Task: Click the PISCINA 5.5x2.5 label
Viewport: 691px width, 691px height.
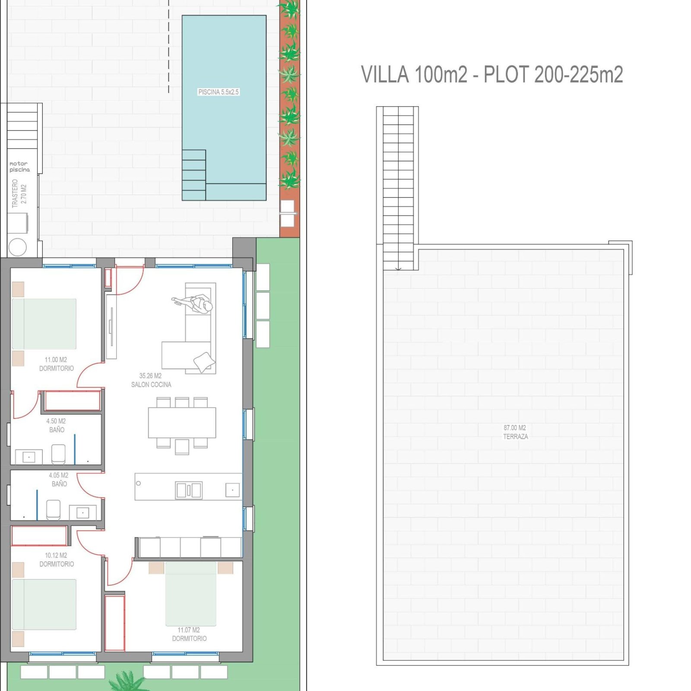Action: tap(218, 92)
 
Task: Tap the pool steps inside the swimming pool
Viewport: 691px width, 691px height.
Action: tap(193, 175)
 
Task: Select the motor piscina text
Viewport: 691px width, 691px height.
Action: tap(19, 167)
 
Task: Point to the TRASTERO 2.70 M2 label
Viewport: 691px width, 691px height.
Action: tap(19, 193)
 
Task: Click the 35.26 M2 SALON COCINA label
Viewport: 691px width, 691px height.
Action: tap(151, 380)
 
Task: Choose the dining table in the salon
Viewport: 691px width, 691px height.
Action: tap(182, 423)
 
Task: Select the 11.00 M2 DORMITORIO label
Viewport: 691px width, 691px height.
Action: tap(56, 364)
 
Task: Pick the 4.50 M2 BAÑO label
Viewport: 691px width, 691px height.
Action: tap(56, 425)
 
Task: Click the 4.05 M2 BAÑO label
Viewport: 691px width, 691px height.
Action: tap(59, 479)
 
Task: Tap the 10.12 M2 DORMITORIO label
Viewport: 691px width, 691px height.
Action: tap(57, 560)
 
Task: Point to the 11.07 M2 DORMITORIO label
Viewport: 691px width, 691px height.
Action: tap(189, 634)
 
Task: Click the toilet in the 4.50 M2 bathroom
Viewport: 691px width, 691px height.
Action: tap(58, 454)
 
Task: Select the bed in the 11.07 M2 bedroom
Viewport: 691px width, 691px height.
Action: tap(190, 593)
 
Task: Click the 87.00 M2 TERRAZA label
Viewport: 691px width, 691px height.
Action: tap(515, 432)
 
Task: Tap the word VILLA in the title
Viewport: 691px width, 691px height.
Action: tap(385, 75)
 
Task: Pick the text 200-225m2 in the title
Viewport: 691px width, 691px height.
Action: tap(579, 75)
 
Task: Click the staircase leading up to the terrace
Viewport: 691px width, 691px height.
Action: tap(398, 188)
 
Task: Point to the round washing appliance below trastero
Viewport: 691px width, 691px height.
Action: tap(17, 247)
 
